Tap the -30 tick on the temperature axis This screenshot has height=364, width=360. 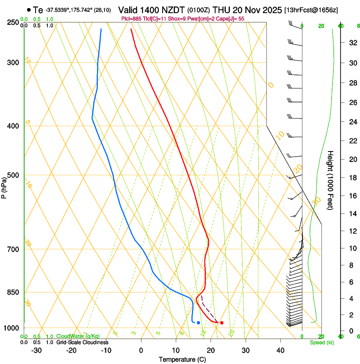pos(36,350)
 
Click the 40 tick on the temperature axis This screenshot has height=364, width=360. pos(280,350)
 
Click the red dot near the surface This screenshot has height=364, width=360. pos(222,323)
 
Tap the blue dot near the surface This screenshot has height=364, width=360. pos(198,323)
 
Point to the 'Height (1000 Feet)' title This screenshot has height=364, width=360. pos(331,180)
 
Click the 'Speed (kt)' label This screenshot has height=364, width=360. pos(321,342)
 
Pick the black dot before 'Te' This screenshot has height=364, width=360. pos(28,10)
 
